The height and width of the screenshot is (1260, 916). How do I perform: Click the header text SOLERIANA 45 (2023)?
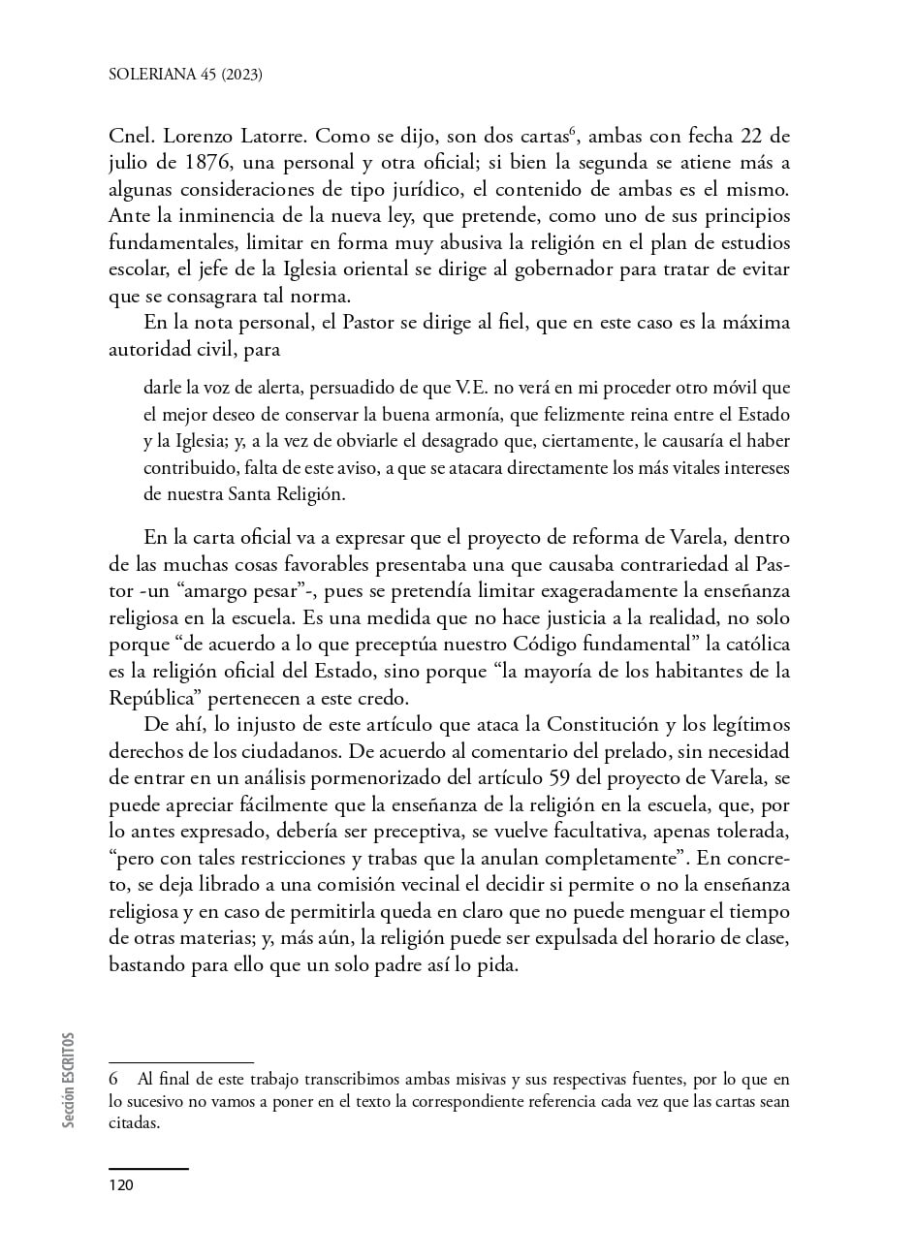186,74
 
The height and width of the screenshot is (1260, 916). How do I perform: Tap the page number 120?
121,1186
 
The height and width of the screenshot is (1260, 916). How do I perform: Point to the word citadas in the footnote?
134,1124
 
